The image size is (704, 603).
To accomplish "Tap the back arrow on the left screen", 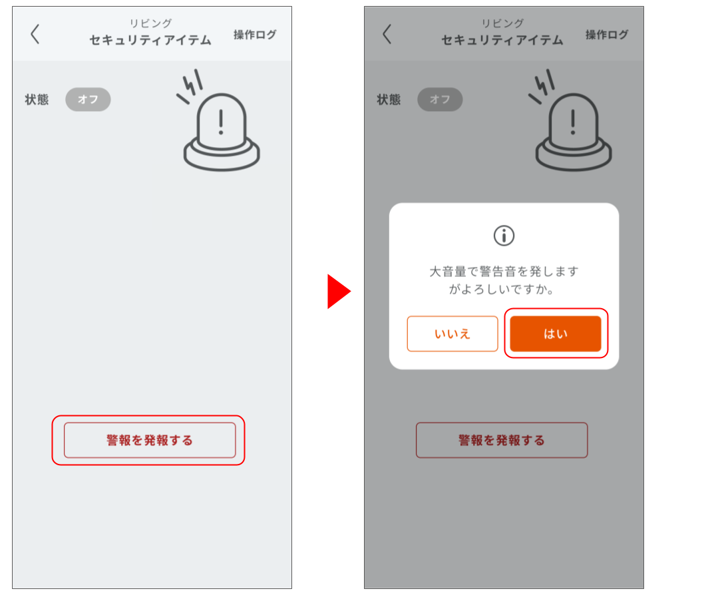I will [35, 34].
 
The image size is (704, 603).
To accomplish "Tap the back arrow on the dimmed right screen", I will [387, 34].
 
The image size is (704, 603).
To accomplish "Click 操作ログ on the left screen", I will [255, 35].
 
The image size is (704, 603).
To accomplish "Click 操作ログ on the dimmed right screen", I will [607, 35].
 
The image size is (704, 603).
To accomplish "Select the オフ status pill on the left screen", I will [88, 100].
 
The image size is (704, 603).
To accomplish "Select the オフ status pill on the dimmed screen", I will [440, 100].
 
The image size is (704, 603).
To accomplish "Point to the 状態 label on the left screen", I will [37, 100].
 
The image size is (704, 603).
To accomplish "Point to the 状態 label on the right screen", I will [389, 100].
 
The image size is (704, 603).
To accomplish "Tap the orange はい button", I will [556, 334].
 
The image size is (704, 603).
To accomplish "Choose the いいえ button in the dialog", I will [452, 334].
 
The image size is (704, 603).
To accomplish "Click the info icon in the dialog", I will [504, 235].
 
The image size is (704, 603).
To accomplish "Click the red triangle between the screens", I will [337, 292].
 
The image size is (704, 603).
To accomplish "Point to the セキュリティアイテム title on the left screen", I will [150, 40].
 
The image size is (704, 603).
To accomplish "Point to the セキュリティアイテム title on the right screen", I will [502, 40].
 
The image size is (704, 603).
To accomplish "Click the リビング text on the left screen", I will [150, 23].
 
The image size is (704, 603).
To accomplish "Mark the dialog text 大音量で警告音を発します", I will [504, 272].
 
